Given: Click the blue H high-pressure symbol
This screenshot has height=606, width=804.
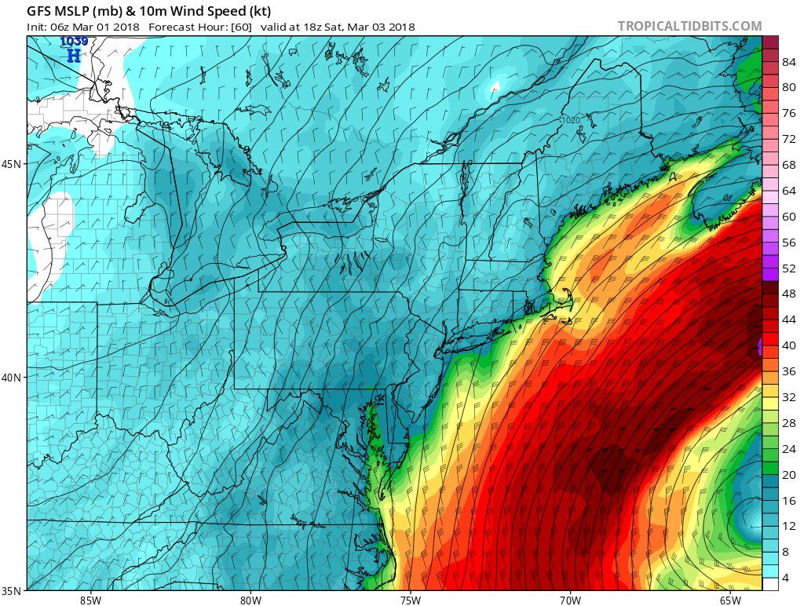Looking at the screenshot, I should (x=74, y=55).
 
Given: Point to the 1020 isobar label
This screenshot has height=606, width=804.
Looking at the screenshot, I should (x=570, y=120).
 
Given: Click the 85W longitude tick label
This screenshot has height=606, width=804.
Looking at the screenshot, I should (x=90, y=601).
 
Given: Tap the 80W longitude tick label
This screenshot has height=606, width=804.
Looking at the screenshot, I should (x=250, y=601).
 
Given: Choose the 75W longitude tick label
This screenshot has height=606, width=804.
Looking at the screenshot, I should (x=410, y=601).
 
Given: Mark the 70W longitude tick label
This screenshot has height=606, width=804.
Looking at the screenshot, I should (x=570, y=601).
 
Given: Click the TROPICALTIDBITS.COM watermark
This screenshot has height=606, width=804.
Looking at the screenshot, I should (x=689, y=27).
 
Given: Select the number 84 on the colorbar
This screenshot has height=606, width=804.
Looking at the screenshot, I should (x=789, y=61).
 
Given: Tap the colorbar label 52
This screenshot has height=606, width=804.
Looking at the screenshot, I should (x=789, y=268).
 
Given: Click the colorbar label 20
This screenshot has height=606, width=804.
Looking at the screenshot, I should (x=789, y=474).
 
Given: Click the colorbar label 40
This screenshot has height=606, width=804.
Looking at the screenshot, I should (x=789, y=345).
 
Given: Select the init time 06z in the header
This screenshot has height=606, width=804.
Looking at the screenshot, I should (x=62, y=27).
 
